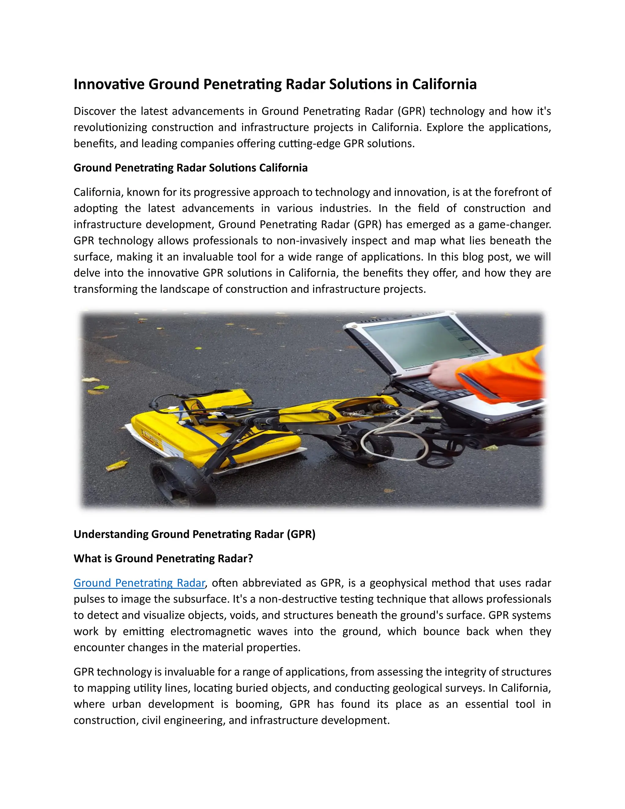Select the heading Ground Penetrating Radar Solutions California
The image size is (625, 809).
point(190,168)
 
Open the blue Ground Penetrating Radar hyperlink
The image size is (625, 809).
point(139,583)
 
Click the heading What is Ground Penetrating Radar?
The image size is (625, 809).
point(163,558)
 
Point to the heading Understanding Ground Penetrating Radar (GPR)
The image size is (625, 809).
point(194,534)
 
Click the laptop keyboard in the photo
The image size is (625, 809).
point(437,391)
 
